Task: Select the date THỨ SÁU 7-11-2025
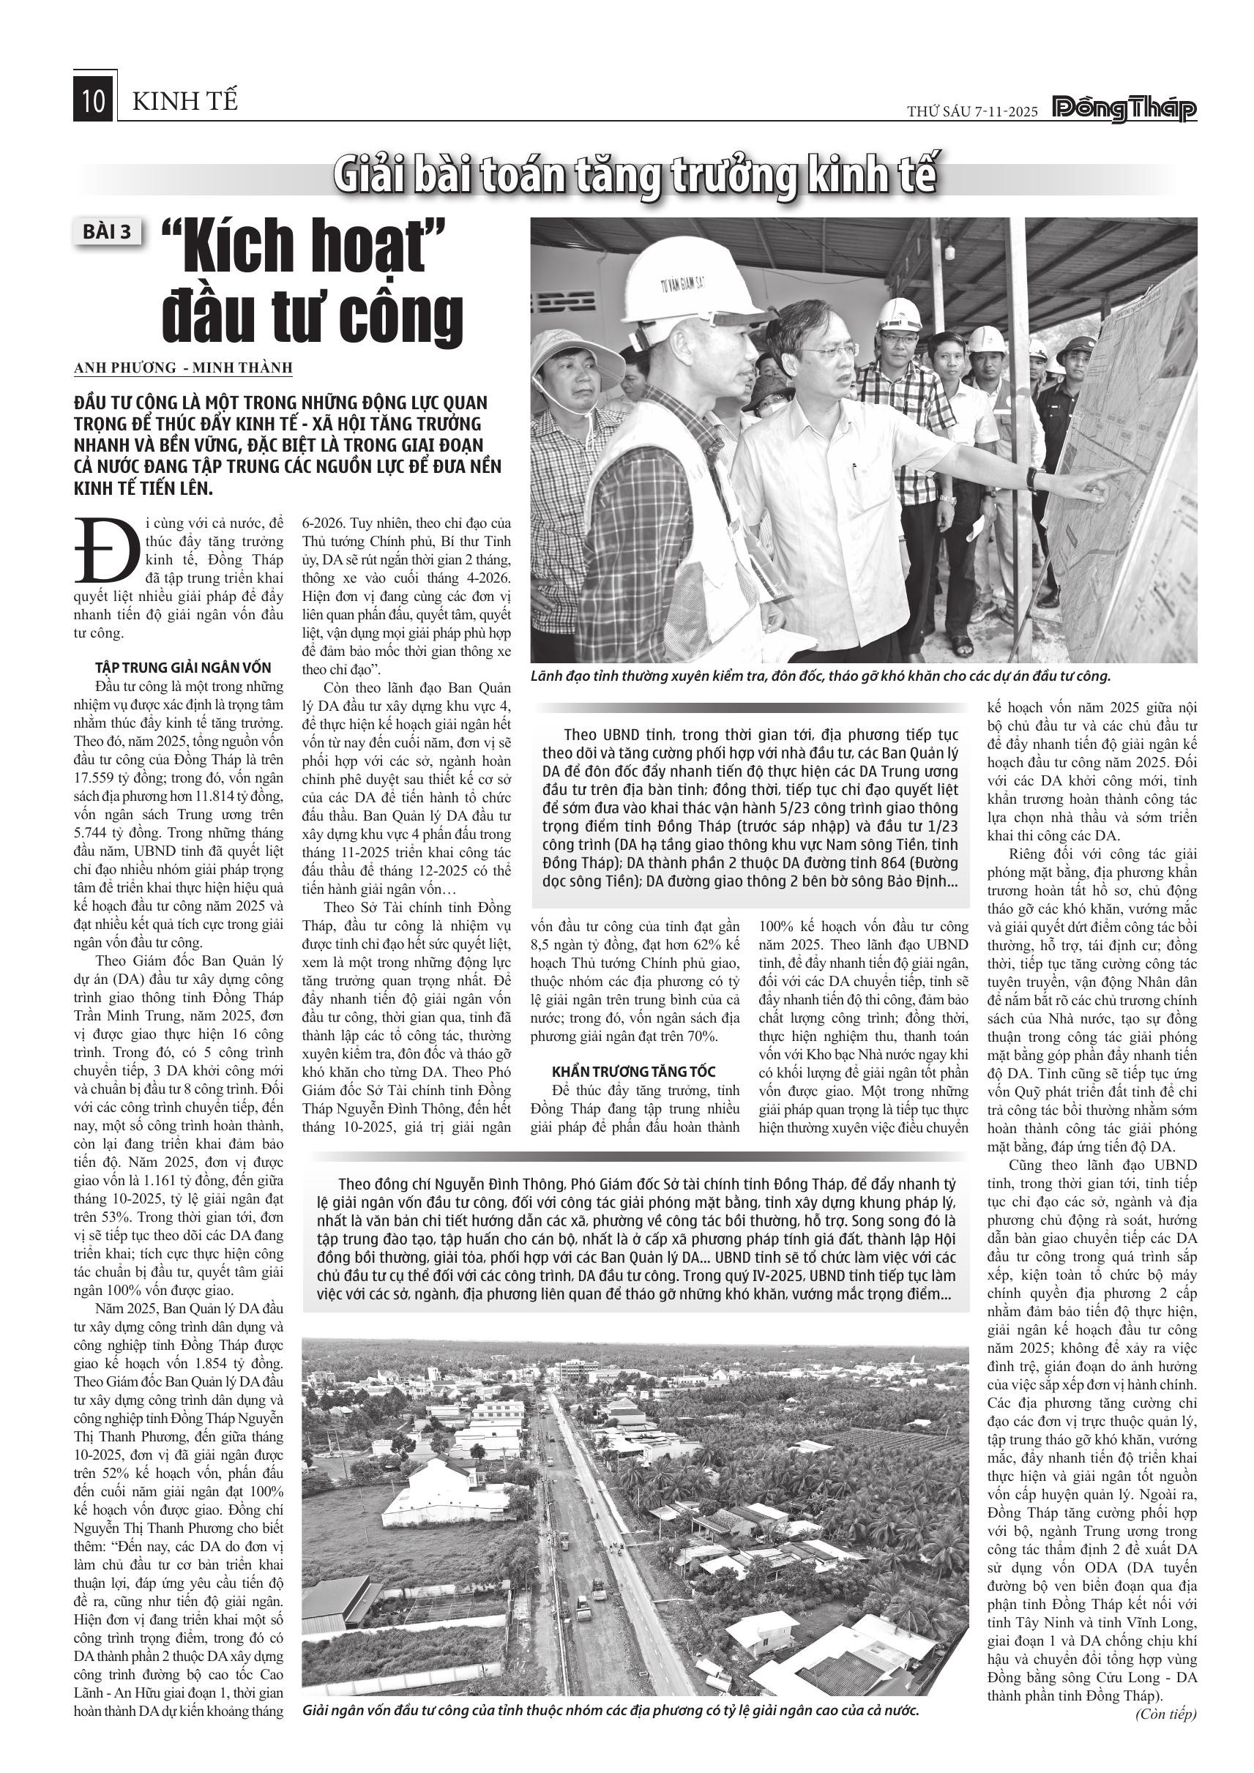click(x=973, y=111)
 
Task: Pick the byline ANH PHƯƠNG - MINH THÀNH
click(x=183, y=367)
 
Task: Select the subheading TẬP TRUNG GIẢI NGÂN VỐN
click(x=183, y=668)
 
